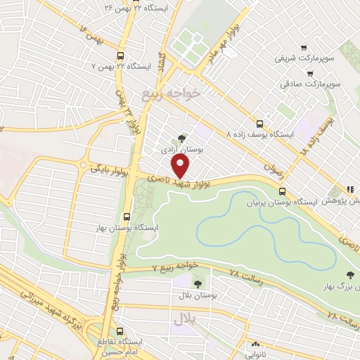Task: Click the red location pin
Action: coord(181,166)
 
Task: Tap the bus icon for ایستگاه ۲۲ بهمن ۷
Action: coord(120,56)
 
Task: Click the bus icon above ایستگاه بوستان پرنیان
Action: coord(282,191)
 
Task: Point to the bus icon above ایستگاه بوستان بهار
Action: coord(127,217)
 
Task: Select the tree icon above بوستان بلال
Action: coord(198,283)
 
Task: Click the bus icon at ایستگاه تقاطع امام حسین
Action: coord(119,330)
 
